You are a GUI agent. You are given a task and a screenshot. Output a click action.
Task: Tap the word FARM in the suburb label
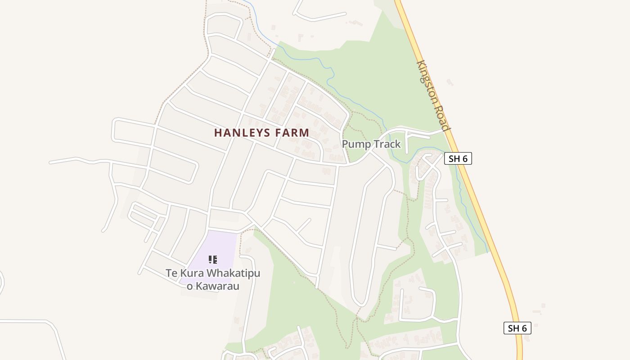292,133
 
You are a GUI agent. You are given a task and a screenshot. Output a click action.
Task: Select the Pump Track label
371,144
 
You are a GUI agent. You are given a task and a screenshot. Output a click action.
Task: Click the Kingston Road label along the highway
433,95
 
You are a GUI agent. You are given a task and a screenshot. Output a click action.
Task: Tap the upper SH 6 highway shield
458,158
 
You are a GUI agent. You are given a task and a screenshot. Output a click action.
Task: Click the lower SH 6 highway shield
517,328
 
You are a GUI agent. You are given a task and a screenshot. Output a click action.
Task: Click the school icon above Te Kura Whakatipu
213,259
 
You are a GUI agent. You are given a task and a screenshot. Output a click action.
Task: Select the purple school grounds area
220,245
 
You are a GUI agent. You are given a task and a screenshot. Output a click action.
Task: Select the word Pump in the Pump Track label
353,144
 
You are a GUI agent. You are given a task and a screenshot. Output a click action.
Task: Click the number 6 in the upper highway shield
465,158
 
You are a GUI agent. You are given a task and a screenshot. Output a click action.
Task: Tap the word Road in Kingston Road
443,119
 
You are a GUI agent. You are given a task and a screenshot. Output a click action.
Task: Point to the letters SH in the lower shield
513,328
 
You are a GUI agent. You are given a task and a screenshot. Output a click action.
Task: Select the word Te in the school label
171,274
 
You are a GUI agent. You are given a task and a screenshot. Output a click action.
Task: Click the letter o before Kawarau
189,287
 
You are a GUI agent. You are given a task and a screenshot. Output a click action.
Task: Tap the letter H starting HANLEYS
218,133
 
